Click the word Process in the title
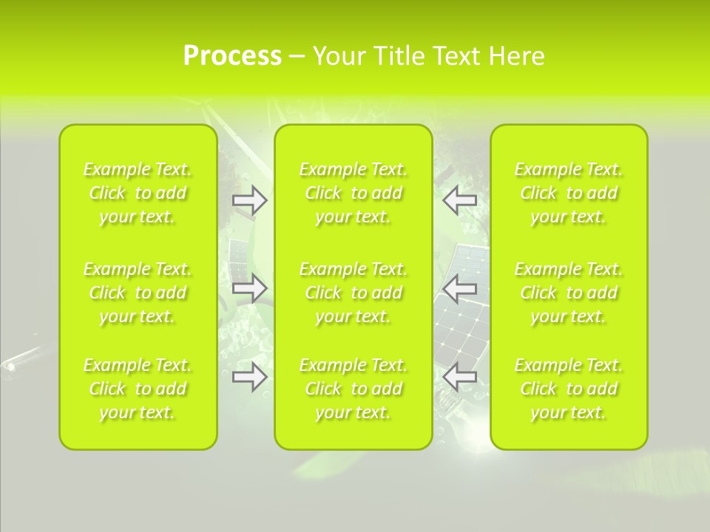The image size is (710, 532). pyautogui.click(x=232, y=56)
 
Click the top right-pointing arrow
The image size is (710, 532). pyautogui.click(x=250, y=200)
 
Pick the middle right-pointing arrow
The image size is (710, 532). pyautogui.click(x=250, y=287)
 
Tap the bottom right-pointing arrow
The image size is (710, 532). pyautogui.click(x=250, y=377)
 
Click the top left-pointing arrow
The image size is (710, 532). pyautogui.click(x=460, y=200)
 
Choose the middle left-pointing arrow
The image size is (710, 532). pyautogui.click(x=460, y=287)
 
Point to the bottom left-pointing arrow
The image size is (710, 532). pyautogui.click(x=460, y=377)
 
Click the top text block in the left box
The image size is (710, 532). pyautogui.click(x=138, y=193)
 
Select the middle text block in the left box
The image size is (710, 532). pyautogui.click(x=138, y=293)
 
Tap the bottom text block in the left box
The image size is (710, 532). pyautogui.click(x=138, y=389)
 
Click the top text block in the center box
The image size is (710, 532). pyautogui.click(x=354, y=193)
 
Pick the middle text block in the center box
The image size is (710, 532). pyautogui.click(x=354, y=293)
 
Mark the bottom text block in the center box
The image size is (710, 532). pyautogui.click(x=354, y=389)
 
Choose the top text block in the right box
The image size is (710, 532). pyautogui.click(x=569, y=193)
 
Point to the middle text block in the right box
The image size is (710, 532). pyautogui.click(x=569, y=293)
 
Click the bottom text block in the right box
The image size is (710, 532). pyautogui.click(x=569, y=389)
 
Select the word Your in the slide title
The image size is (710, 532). pyautogui.click(x=339, y=56)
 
